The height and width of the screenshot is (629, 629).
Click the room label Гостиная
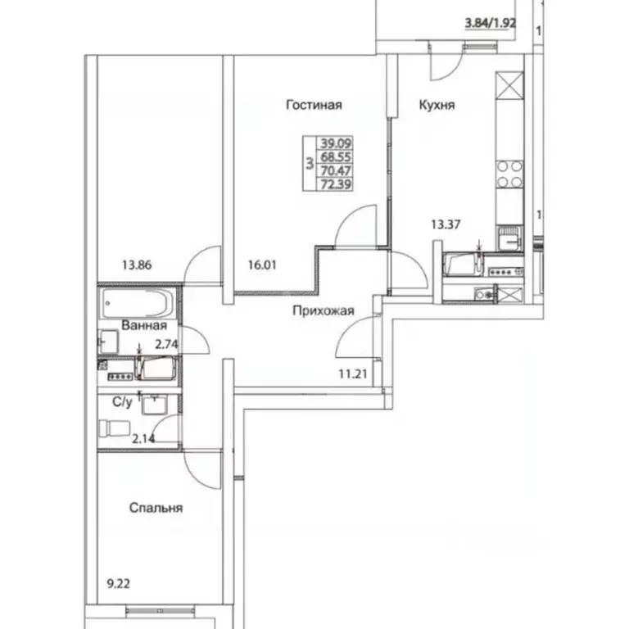[x=314, y=105]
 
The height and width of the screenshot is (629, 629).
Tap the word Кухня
[x=437, y=106]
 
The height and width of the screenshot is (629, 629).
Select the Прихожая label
[x=324, y=310]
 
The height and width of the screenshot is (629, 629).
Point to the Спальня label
[x=156, y=508]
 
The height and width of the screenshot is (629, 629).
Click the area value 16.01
[x=262, y=265]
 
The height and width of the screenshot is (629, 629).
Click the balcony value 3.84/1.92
[x=490, y=24]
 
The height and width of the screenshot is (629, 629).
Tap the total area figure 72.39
[x=333, y=185]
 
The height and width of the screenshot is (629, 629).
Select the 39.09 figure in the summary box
[x=333, y=141]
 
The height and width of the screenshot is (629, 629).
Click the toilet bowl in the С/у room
[x=112, y=429]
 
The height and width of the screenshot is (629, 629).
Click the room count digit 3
[x=309, y=163]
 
